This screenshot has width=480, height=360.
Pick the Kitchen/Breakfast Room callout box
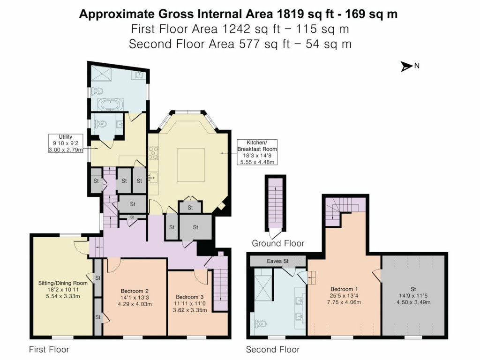[x=256, y=152]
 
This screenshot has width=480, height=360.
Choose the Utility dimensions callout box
[x=66, y=143]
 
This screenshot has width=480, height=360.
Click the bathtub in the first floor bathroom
[x=111, y=104]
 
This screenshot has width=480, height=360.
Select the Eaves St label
[x=277, y=261]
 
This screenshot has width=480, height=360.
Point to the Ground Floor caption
[x=278, y=243]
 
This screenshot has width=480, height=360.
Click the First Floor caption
[x=49, y=349]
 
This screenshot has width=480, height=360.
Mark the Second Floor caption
[x=273, y=349]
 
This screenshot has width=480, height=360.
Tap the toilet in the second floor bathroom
[x=261, y=323]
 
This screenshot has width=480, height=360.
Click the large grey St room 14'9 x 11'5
[x=413, y=295]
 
